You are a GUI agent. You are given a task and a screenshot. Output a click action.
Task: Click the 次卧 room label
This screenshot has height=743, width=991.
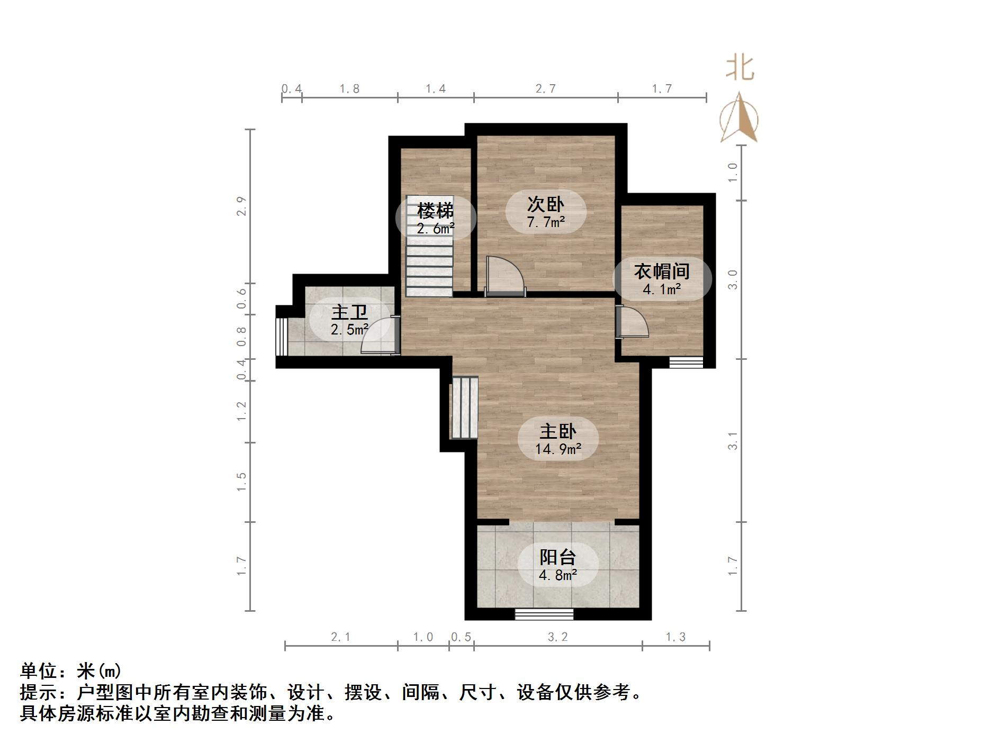[x=546, y=204]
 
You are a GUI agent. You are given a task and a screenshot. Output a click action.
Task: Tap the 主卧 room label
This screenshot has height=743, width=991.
[x=558, y=431]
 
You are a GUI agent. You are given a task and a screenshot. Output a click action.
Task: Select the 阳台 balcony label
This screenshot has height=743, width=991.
[x=558, y=557]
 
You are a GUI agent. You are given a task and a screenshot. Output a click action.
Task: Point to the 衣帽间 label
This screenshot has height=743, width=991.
[x=662, y=271]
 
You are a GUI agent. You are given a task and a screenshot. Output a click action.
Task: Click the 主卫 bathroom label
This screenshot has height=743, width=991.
[x=349, y=312]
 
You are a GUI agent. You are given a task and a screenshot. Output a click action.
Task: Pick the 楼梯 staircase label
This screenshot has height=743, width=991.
[x=435, y=211]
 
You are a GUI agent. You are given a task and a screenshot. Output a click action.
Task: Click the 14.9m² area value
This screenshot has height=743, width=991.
[x=558, y=449]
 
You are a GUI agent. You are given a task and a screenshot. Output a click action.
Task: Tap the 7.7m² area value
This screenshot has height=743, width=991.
[x=546, y=222]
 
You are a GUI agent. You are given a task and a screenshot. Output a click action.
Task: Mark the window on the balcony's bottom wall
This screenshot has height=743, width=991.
[x=544, y=614]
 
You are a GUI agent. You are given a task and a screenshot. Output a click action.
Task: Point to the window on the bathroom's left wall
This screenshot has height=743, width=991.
[x=281, y=337]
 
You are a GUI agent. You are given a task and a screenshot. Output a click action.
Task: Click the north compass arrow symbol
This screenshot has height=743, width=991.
[x=739, y=119]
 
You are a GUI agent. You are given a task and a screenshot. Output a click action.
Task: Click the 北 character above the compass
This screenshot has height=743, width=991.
[x=740, y=69]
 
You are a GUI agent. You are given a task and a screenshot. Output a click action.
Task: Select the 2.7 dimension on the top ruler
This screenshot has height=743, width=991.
[x=545, y=88]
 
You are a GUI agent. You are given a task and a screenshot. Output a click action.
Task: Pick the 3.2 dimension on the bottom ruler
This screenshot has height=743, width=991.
[x=557, y=637]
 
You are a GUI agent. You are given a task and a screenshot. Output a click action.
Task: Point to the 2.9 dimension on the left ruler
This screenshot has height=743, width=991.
[x=241, y=206]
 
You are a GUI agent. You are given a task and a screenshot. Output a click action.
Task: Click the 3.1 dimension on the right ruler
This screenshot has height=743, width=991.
[x=732, y=440]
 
